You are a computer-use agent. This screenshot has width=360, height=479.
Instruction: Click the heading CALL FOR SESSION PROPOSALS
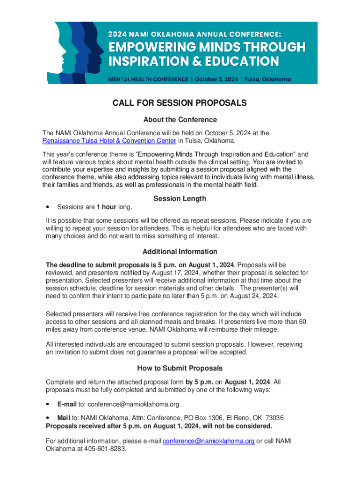[x=180, y=103]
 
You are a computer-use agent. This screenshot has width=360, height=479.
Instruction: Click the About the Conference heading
[x=180, y=119]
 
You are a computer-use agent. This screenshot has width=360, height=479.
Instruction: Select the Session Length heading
[x=180, y=198]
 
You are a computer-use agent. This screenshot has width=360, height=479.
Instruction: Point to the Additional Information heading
[x=180, y=252]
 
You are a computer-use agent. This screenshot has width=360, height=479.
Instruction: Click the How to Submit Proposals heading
[x=180, y=368]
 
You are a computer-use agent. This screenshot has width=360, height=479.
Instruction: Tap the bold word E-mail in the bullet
[x=66, y=404]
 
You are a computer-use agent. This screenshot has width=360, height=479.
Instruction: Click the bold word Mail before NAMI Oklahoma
[x=64, y=418]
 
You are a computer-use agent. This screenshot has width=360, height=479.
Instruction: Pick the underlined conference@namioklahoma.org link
[x=209, y=441]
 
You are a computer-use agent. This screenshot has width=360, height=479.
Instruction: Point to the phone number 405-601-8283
[x=105, y=449]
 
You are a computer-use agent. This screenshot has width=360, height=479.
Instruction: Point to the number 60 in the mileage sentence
[x=302, y=322]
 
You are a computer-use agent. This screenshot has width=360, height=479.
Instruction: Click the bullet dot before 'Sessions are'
[x=48, y=207]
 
